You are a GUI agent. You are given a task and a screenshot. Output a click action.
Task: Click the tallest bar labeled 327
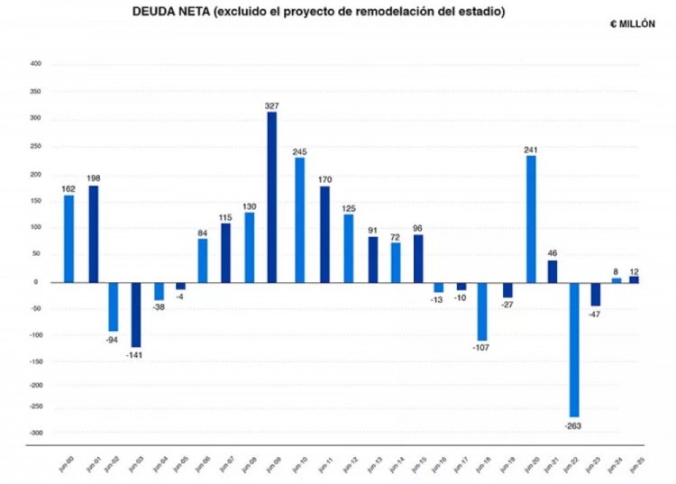[x=271, y=196]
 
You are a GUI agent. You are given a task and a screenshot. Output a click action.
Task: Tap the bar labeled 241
[x=531, y=218]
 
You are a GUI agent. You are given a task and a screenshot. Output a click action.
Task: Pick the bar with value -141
[x=136, y=315]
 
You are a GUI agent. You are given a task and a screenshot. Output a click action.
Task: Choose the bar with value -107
[x=482, y=311]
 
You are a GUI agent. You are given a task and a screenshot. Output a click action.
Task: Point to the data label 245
[x=299, y=151]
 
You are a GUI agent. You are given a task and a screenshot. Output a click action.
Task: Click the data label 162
[x=69, y=188]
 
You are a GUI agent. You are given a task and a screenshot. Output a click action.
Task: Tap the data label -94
[x=113, y=340]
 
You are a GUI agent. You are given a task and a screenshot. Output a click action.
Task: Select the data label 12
[x=634, y=270]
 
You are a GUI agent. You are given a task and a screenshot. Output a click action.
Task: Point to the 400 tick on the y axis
[x=35, y=64]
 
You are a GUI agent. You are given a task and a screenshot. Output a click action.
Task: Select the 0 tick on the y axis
[x=39, y=281]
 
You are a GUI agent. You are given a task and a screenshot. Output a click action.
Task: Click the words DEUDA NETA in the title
[x=169, y=12]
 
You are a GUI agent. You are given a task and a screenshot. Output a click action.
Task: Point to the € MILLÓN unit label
[x=633, y=24]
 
